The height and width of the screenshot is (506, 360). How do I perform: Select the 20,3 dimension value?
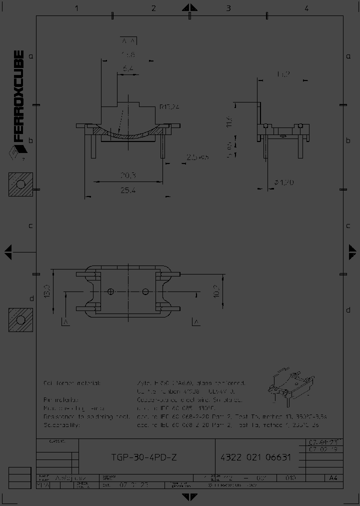click(x=128, y=175)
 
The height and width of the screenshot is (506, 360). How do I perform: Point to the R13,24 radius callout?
click(x=169, y=106)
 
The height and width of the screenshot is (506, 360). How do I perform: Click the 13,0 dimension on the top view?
click(x=47, y=291)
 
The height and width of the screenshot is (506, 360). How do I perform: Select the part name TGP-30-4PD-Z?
click(x=143, y=457)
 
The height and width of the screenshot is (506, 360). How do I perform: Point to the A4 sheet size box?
click(x=333, y=478)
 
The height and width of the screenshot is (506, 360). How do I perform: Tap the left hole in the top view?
click(x=111, y=291)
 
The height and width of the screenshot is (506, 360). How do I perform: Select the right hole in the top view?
click(x=145, y=291)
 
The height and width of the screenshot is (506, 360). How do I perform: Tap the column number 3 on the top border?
click(x=228, y=8)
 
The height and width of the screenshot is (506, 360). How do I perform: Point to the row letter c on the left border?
click(x=30, y=225)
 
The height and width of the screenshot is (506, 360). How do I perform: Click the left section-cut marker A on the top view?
click(x=65, y=321)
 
